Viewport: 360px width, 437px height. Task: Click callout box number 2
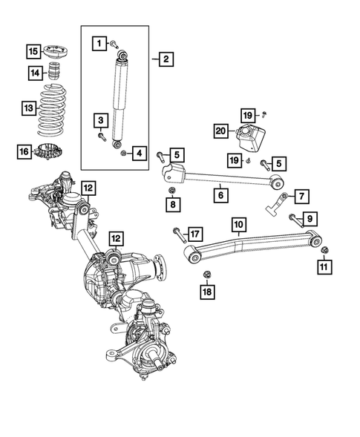pos(165,59)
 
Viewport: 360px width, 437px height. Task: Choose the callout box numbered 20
pos(221,131)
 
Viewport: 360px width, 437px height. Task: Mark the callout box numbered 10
pos(238,224)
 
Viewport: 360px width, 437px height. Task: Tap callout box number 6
pos(220,196)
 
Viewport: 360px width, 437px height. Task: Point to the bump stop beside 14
pos(53,73)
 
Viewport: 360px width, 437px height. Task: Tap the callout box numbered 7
pos(303,196)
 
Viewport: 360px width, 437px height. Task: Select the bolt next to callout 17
pos(176,236)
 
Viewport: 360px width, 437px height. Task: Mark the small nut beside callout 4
pos(123,153)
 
